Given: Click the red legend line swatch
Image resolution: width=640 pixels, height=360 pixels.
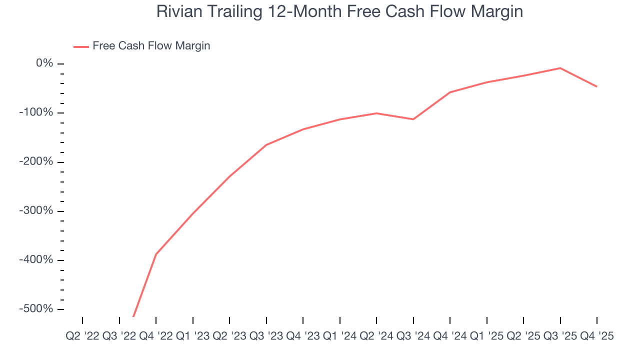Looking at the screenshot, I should [x=81, y=46].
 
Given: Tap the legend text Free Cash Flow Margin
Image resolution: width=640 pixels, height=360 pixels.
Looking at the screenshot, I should [x=151, y=46].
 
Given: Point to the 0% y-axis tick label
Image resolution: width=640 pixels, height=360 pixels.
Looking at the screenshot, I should [x=44, y=63].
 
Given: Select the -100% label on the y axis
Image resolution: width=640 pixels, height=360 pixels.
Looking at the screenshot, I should [x=36, y=112].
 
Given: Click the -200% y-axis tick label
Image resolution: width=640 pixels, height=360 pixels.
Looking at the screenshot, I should [x=36, y=162].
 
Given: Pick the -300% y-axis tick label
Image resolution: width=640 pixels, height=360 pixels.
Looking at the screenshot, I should [x=36, y=211].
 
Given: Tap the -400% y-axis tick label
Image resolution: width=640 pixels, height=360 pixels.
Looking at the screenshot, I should [x=36, y=260].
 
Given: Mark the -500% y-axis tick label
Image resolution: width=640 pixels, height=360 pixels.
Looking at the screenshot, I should [x=36, y=309].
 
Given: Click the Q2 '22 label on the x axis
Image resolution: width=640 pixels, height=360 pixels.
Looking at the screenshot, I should [x=82, y=336].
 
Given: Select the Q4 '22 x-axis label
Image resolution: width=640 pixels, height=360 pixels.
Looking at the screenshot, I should [x=156, y=336].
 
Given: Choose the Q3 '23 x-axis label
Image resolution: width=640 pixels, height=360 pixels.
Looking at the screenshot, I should [x=266, y=336].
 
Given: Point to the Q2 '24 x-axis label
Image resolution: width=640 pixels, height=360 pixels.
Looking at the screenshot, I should [x=376, y=336].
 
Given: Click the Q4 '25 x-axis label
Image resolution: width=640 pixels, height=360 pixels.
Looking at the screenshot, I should [x=596, y=336].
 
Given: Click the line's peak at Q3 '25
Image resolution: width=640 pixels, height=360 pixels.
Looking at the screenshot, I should [x=560, y=68].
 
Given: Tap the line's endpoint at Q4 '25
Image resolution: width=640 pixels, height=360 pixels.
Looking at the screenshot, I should [x=596, y=86].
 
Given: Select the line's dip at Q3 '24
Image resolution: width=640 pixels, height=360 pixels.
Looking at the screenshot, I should [x=413, y=119].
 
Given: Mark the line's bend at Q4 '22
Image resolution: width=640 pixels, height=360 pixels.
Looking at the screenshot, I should [x=156, y=254].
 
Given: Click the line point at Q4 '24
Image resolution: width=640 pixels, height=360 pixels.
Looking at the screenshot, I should [x=450, y=92].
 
